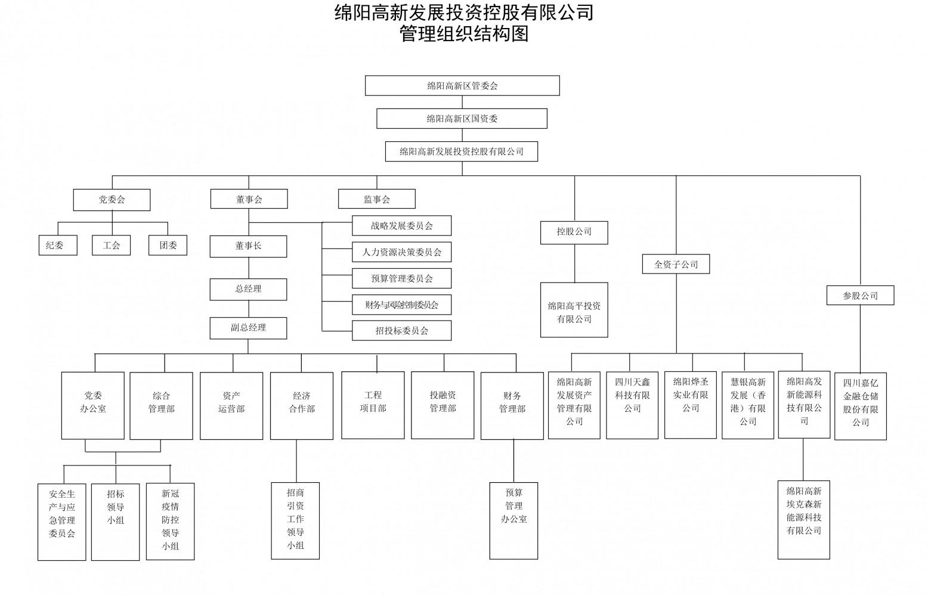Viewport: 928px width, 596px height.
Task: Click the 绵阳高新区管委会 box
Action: click(462, 86)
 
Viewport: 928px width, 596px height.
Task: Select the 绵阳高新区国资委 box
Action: click(462, 119)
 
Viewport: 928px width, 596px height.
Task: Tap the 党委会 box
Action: click(112, 200)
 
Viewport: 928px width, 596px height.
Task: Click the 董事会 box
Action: click(249, 199)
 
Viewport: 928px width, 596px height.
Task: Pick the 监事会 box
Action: click(376, 199)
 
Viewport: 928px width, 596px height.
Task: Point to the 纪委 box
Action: click(58, 246)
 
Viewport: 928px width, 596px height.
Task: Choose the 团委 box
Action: click(168, 246)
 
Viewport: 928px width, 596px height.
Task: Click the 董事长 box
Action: click(249, 246)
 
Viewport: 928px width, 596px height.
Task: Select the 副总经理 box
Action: click(249, 328)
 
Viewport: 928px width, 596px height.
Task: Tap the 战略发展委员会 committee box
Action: click(402, 225)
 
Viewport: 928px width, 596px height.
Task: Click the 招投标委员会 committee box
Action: click(402, 331)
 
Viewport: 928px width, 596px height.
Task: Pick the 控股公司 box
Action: click(574, 232)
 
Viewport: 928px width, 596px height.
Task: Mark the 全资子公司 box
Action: click(676, 264)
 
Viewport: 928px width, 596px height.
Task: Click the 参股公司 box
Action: click(861, 296)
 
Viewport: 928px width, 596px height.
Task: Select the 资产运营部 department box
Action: click(231, 406)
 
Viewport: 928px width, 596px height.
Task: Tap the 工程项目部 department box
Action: click(373, 405)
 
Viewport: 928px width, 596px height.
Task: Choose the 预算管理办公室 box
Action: click(514, 521)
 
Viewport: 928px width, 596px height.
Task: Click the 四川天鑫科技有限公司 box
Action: click(632, 405)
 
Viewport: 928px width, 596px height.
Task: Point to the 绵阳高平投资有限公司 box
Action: click(574, 310)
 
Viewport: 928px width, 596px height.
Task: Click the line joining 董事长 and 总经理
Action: click(249, 268)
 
